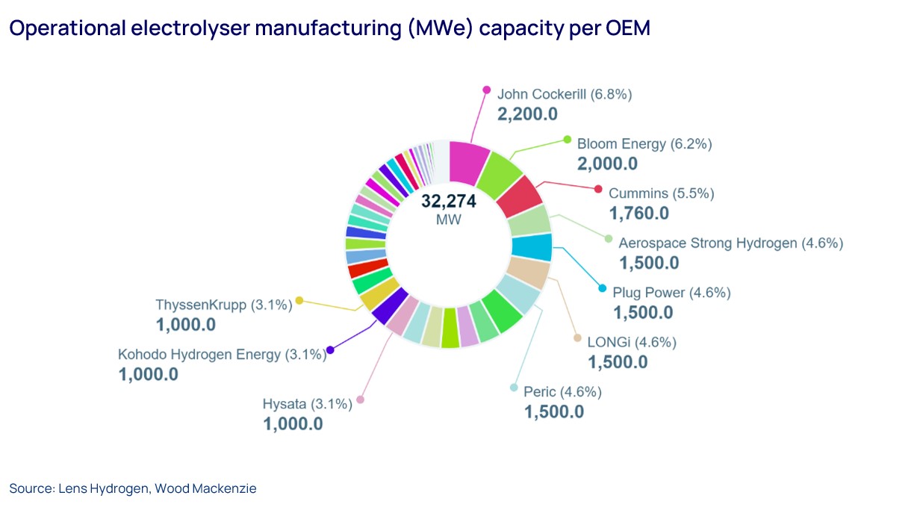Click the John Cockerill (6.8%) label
coord(565,95)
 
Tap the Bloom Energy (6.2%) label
coord(644,143)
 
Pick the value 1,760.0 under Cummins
coord(638,214)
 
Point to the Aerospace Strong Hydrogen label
coord(730,243)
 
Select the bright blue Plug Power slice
coord(531,246)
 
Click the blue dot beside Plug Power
coord(603,288)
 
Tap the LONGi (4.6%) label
coord(631,343)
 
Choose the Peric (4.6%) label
coord(562,392)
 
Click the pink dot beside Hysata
coord(360,399)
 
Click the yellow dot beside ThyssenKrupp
coord(299,300)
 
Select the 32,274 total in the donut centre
coord(448,202)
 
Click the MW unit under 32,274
coord(448,220)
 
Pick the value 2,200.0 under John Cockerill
coord(527,114)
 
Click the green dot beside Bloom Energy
coord(567,139)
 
